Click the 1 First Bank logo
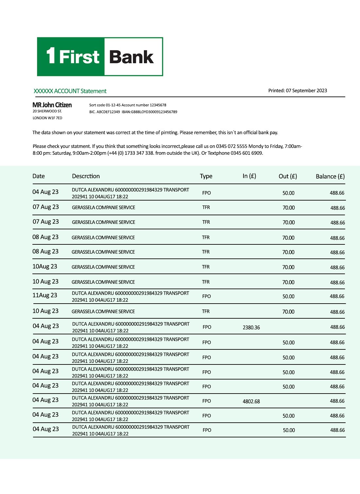pos(100,57)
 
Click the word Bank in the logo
pos(131,57)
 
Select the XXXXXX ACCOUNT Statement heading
pos(70,91)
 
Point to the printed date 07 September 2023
pos(306,91)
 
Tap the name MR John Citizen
pos(52,105)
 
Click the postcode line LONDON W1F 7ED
pos(47,118)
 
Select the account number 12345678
pos(158,105)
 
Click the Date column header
pos(39,176)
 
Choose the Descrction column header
pos(86,176)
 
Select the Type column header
pos(206,176)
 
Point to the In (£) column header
pos(249,176)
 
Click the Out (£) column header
pos(288,176)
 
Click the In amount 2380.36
pos(251,327)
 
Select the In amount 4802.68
pos(251,401)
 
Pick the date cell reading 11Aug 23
pos(45,295)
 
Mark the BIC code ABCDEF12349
pos(108,112)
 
